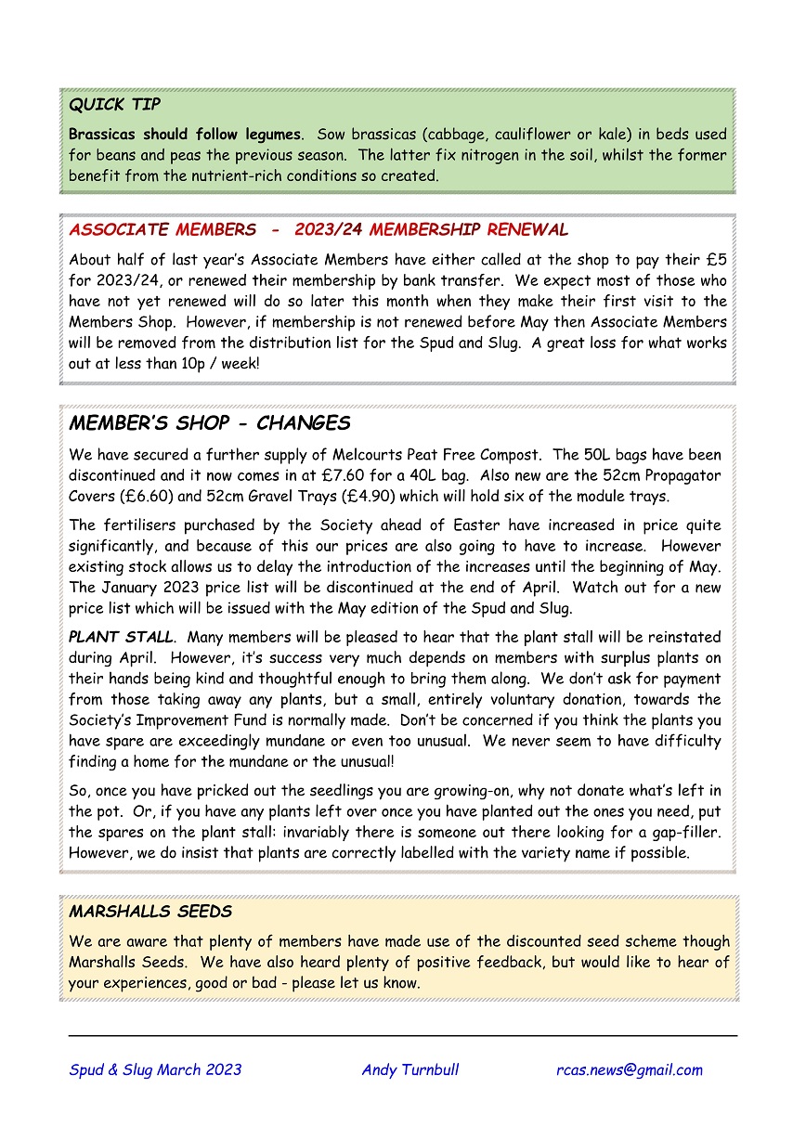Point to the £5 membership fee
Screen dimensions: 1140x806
[x=716, y=260]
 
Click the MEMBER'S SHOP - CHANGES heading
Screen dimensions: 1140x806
[x=209, y=423]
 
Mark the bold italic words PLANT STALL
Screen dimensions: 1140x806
[x=121, y=638]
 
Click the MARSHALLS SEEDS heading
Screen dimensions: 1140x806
[x=149, y=912]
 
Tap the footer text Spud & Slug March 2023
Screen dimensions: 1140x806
[x=155, y=1069]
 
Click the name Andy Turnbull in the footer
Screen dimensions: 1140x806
[x=409, y=1069]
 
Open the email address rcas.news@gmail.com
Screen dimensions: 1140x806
[x=629, y=1069]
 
